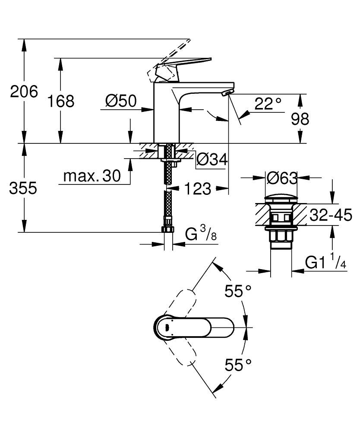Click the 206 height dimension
24,92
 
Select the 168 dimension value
61,102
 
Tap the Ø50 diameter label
120,102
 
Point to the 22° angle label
268,104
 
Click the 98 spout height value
300,119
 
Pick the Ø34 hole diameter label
212,159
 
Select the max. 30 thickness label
92,176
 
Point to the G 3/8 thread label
201,235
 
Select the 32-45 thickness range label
331,215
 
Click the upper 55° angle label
238,292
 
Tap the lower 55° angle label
238,365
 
